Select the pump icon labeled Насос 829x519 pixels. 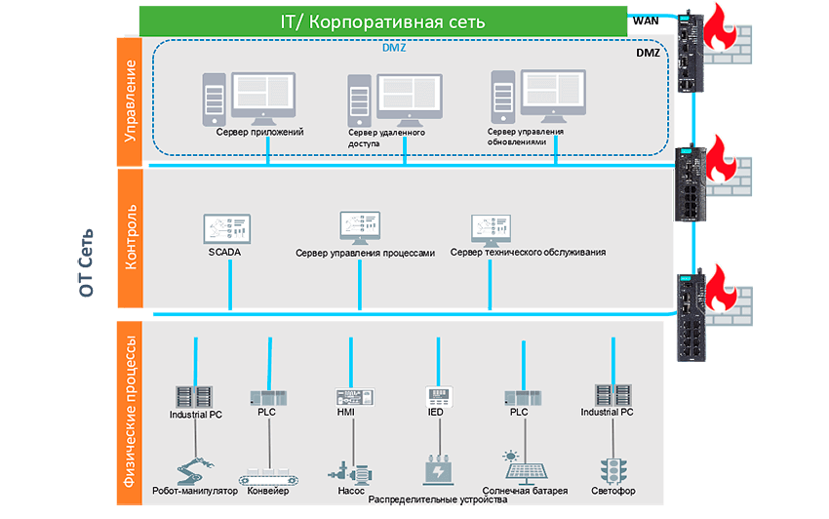pyautogui.click(x=351, y=466)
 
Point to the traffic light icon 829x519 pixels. pyautogui.click(x=612, y=467)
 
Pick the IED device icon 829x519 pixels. pyautogui.click(x=441, y=396)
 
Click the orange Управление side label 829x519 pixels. pyautogui.click(x=130, y=99)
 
